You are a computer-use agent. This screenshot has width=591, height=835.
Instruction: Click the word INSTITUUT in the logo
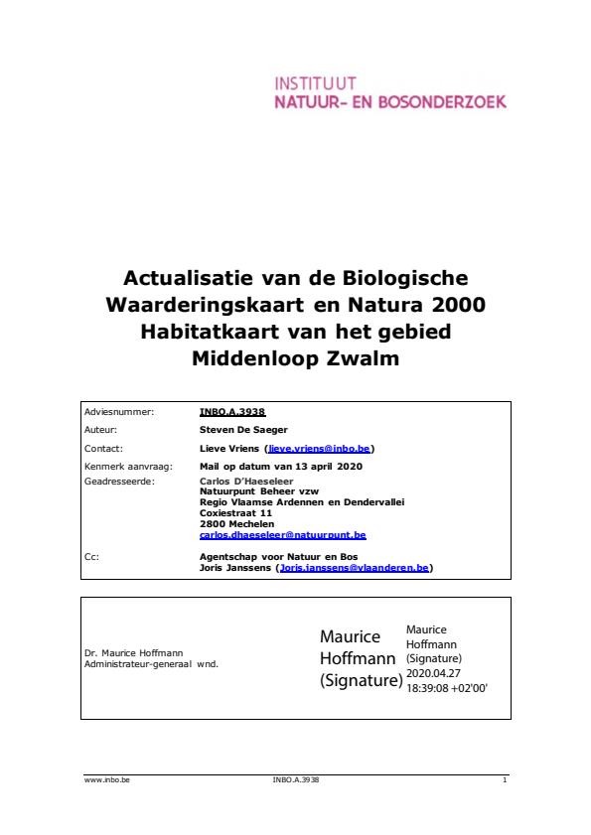click(x=315, y=83)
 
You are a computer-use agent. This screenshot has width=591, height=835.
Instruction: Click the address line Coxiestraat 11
click(x=235, y=512)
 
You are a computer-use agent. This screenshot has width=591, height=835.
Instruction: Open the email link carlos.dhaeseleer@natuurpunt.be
click(x=282, y=534)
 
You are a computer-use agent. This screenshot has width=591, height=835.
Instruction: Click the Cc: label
click(x=93, y=557)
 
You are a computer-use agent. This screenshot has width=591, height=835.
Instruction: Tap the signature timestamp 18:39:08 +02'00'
click(x=447, y=686)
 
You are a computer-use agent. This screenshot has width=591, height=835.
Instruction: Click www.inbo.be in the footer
click(x=107, y=780)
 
